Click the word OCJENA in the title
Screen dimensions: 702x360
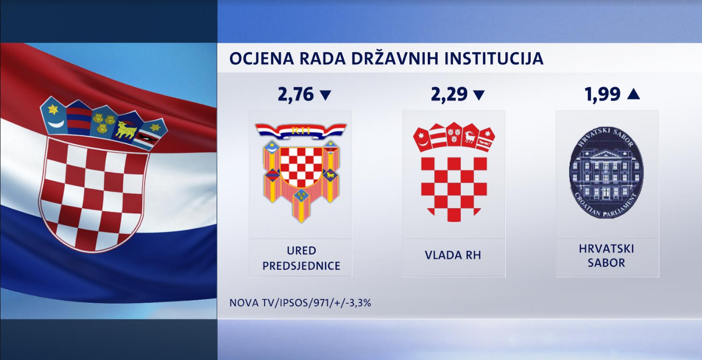262,58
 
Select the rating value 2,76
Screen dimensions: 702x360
296,94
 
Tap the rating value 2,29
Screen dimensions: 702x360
449,94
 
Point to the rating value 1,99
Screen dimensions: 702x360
602,94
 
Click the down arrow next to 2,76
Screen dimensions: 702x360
325,95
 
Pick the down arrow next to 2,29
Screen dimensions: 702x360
479,95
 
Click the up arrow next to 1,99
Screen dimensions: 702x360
634,94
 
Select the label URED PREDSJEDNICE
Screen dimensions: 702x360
301,258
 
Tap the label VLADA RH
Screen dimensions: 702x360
453,255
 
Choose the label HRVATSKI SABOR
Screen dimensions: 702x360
606,256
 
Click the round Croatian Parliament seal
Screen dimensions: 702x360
606,173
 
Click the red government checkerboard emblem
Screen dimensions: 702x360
454,172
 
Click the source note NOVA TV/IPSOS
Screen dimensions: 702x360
300,303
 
